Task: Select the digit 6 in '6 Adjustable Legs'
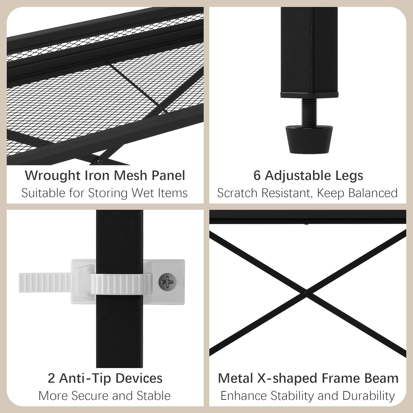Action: (x=257, y=176)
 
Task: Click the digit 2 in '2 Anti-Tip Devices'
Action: (x=51, y=378)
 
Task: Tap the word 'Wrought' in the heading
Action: (x=53, y=176)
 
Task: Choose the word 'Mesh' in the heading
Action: (x=131, y=176)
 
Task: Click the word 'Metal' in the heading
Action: (x=235, y=378)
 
